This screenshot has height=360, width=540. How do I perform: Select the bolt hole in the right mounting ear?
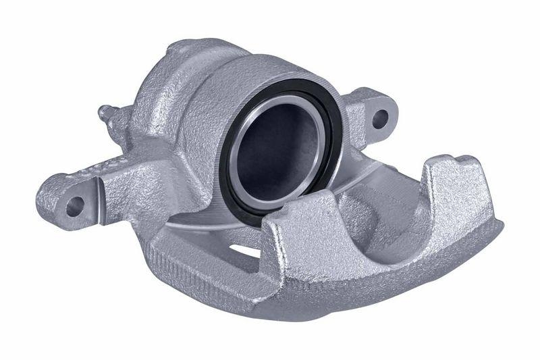[x=380, y=119]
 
